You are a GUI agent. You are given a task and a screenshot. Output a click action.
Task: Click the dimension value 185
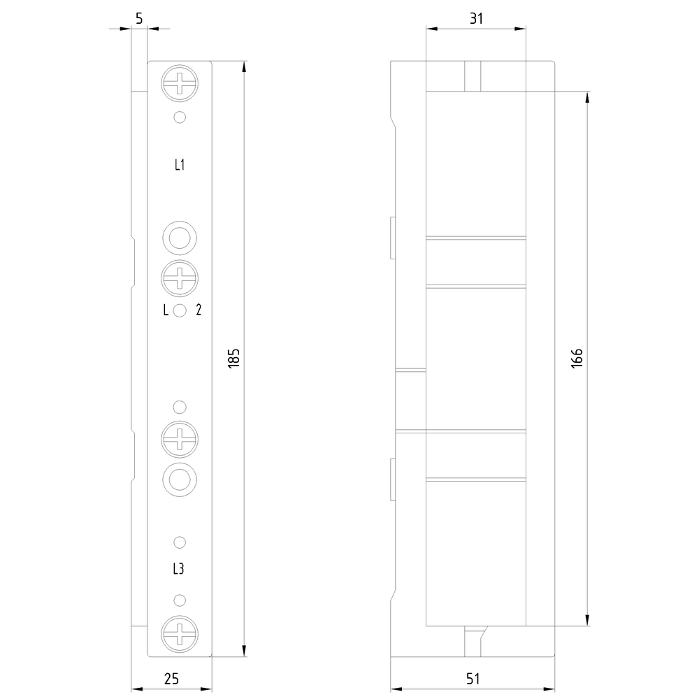pos(234,358)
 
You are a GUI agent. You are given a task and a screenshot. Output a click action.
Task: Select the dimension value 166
pos(577,358)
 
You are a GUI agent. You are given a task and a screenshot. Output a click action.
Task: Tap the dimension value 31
pos(476,18)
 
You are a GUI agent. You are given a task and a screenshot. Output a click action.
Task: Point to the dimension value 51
pos(473,679)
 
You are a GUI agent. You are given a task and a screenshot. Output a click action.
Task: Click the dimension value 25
pos(172,679)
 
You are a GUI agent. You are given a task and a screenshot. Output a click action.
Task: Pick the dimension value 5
pos(139,18)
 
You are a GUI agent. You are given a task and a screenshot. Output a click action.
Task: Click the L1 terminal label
pos(179,165)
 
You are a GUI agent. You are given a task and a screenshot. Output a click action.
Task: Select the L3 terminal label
pos(178,569)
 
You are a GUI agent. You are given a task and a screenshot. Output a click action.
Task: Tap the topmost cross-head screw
pos(180,83)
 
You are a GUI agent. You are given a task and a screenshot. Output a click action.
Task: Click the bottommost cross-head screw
pos(180,634)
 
